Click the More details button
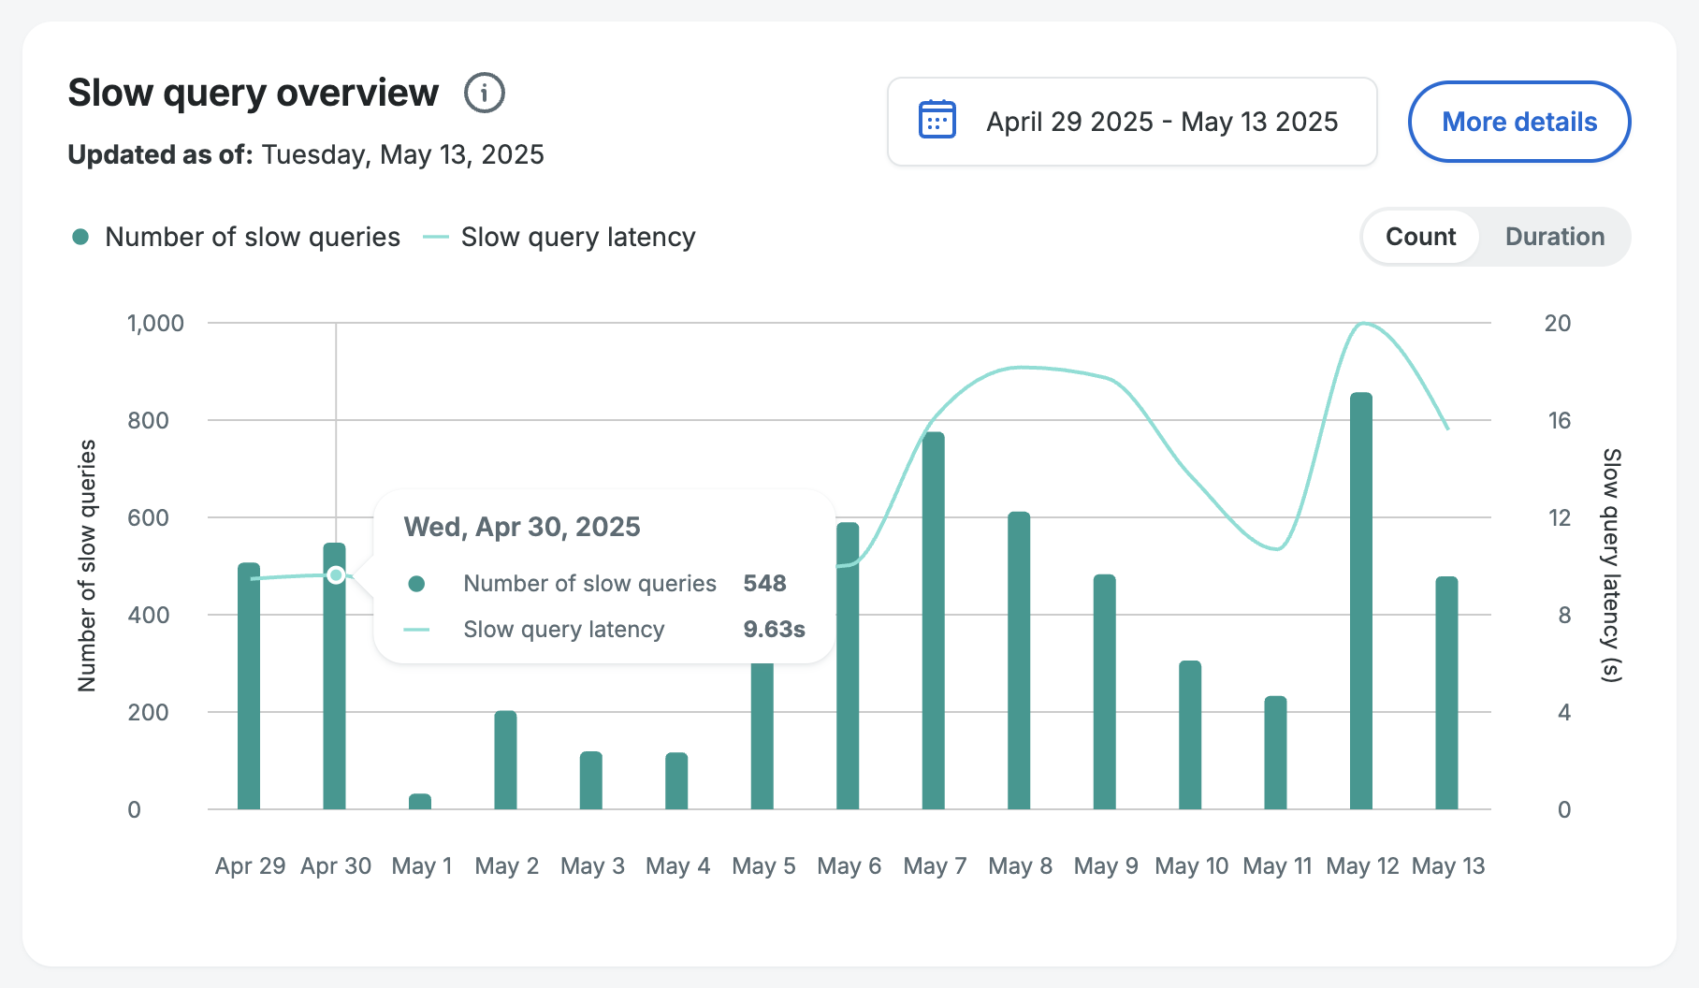click(1518, 122)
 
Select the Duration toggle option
click(1554, 237)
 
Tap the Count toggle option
click(1420, 237)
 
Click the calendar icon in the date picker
click(937, 121)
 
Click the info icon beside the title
click(485, 94)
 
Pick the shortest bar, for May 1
click(420, 802)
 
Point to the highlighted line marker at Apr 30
click(336, 574)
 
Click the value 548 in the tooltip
click(764, 584)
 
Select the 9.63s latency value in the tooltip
click(774, 630)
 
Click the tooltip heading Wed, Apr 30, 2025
click(522, 527)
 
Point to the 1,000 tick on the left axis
click(155, 324)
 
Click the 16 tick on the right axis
click(1559, 421)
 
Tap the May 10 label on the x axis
click(1191, 866)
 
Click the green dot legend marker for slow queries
click(80, 238)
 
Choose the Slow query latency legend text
click(577, 238)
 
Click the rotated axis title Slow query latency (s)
click(1610, 565)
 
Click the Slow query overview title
click(253, 94)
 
